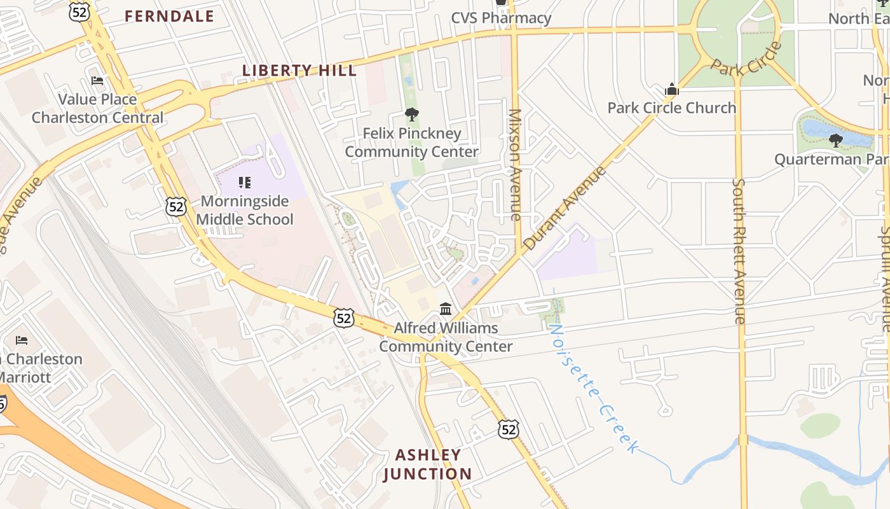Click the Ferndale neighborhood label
click(169, 16)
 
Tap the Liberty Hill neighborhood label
click(299, 70)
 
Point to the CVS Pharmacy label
click(501, 18)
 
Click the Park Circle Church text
click(671, 108)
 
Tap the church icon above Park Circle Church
click(671, 90)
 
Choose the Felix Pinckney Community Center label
click(411, 143)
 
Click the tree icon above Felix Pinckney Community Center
click(411, 115)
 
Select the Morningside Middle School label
click(245, 211)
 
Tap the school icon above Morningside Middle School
click(245, 183)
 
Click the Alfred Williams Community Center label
click(446, 337)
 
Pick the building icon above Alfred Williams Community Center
click(446, 309)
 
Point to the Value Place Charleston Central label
click(97, 108)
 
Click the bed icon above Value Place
click(97, 81)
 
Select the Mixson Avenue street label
click(515, 165)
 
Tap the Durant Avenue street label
click(565, 208)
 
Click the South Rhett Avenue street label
click(739, 251)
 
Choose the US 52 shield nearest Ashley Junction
click(508, 429)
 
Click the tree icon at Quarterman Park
click(835, 140)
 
